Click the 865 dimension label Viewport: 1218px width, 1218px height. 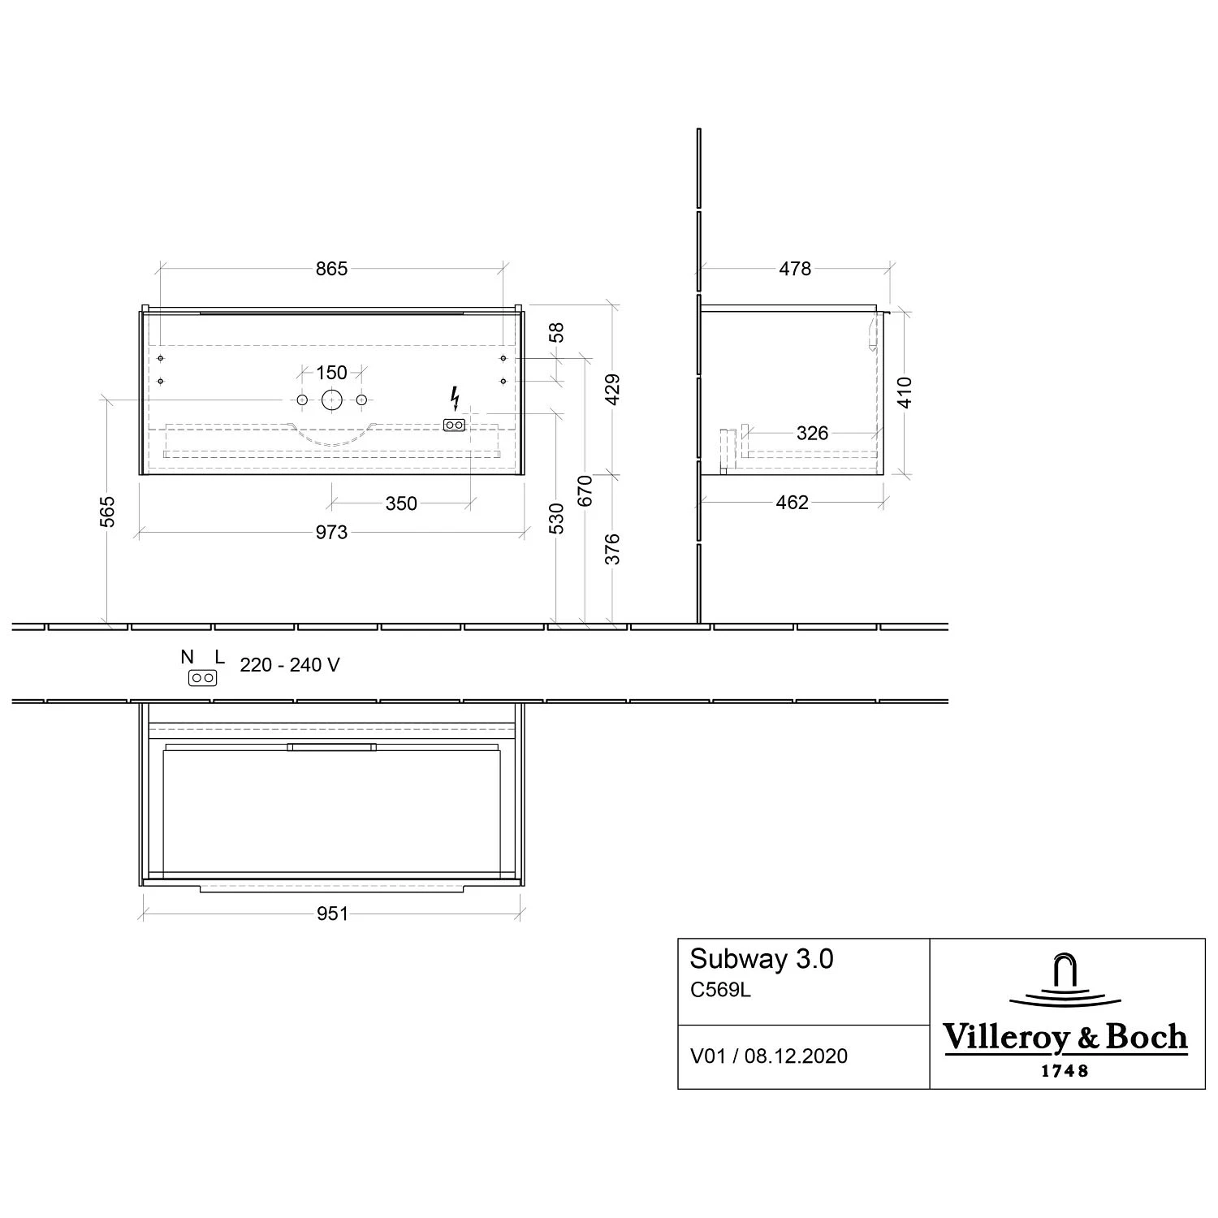tap(331, 269)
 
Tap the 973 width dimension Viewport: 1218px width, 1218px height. tap(331, 533)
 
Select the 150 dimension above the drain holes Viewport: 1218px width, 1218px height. tap(331, 373)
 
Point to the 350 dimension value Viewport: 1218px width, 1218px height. tap(401, 504)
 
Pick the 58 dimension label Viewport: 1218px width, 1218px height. tap(556, 333)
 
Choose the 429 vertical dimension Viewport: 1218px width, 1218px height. tap(613, 390)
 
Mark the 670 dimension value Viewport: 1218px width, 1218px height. tap(585, 490)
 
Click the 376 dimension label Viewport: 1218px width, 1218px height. tap(613, 549)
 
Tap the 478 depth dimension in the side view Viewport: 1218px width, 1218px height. tap(795, 269)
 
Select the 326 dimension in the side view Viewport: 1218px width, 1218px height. tap(812, 434)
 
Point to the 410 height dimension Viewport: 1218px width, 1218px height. tap(905, 392)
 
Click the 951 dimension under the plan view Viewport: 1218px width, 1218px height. tap(332, 914)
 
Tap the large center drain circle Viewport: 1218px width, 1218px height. tap(331, 400)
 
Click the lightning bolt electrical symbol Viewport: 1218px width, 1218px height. tap(455, 399)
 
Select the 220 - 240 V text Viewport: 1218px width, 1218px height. tap(290, 666)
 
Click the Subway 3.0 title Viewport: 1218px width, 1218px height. tap(762, 959)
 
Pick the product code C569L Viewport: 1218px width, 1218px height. tap(720, 991)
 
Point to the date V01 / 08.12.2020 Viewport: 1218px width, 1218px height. tap(768, 1056)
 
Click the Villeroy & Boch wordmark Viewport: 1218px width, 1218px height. tap(1065, 1039)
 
